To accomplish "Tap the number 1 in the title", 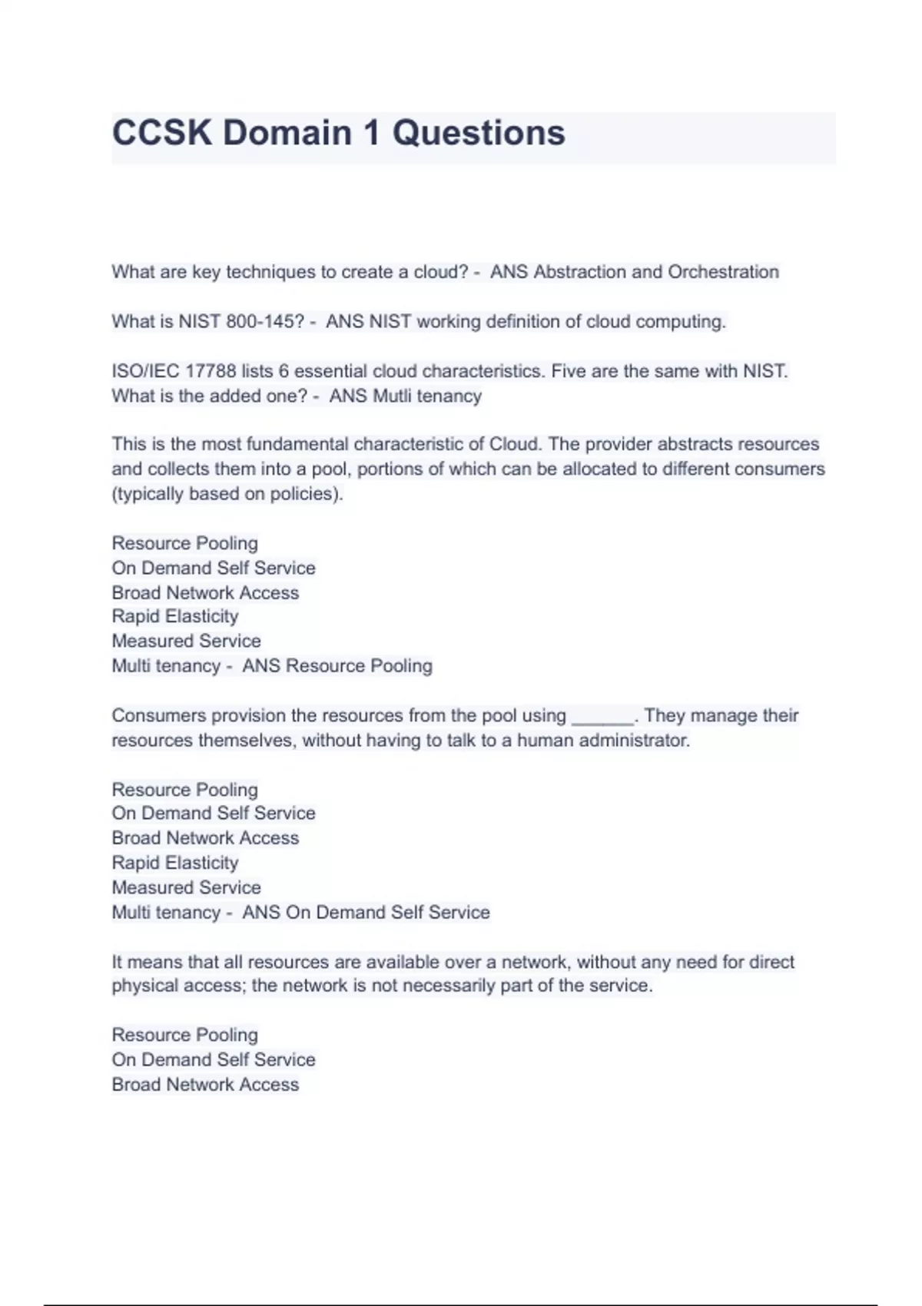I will coord(372,133).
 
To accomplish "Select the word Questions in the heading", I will coord(479,133).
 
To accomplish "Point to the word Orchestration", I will coord(723,272).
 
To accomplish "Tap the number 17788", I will coord(211,371).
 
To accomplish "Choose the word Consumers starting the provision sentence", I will coord(158,716).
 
